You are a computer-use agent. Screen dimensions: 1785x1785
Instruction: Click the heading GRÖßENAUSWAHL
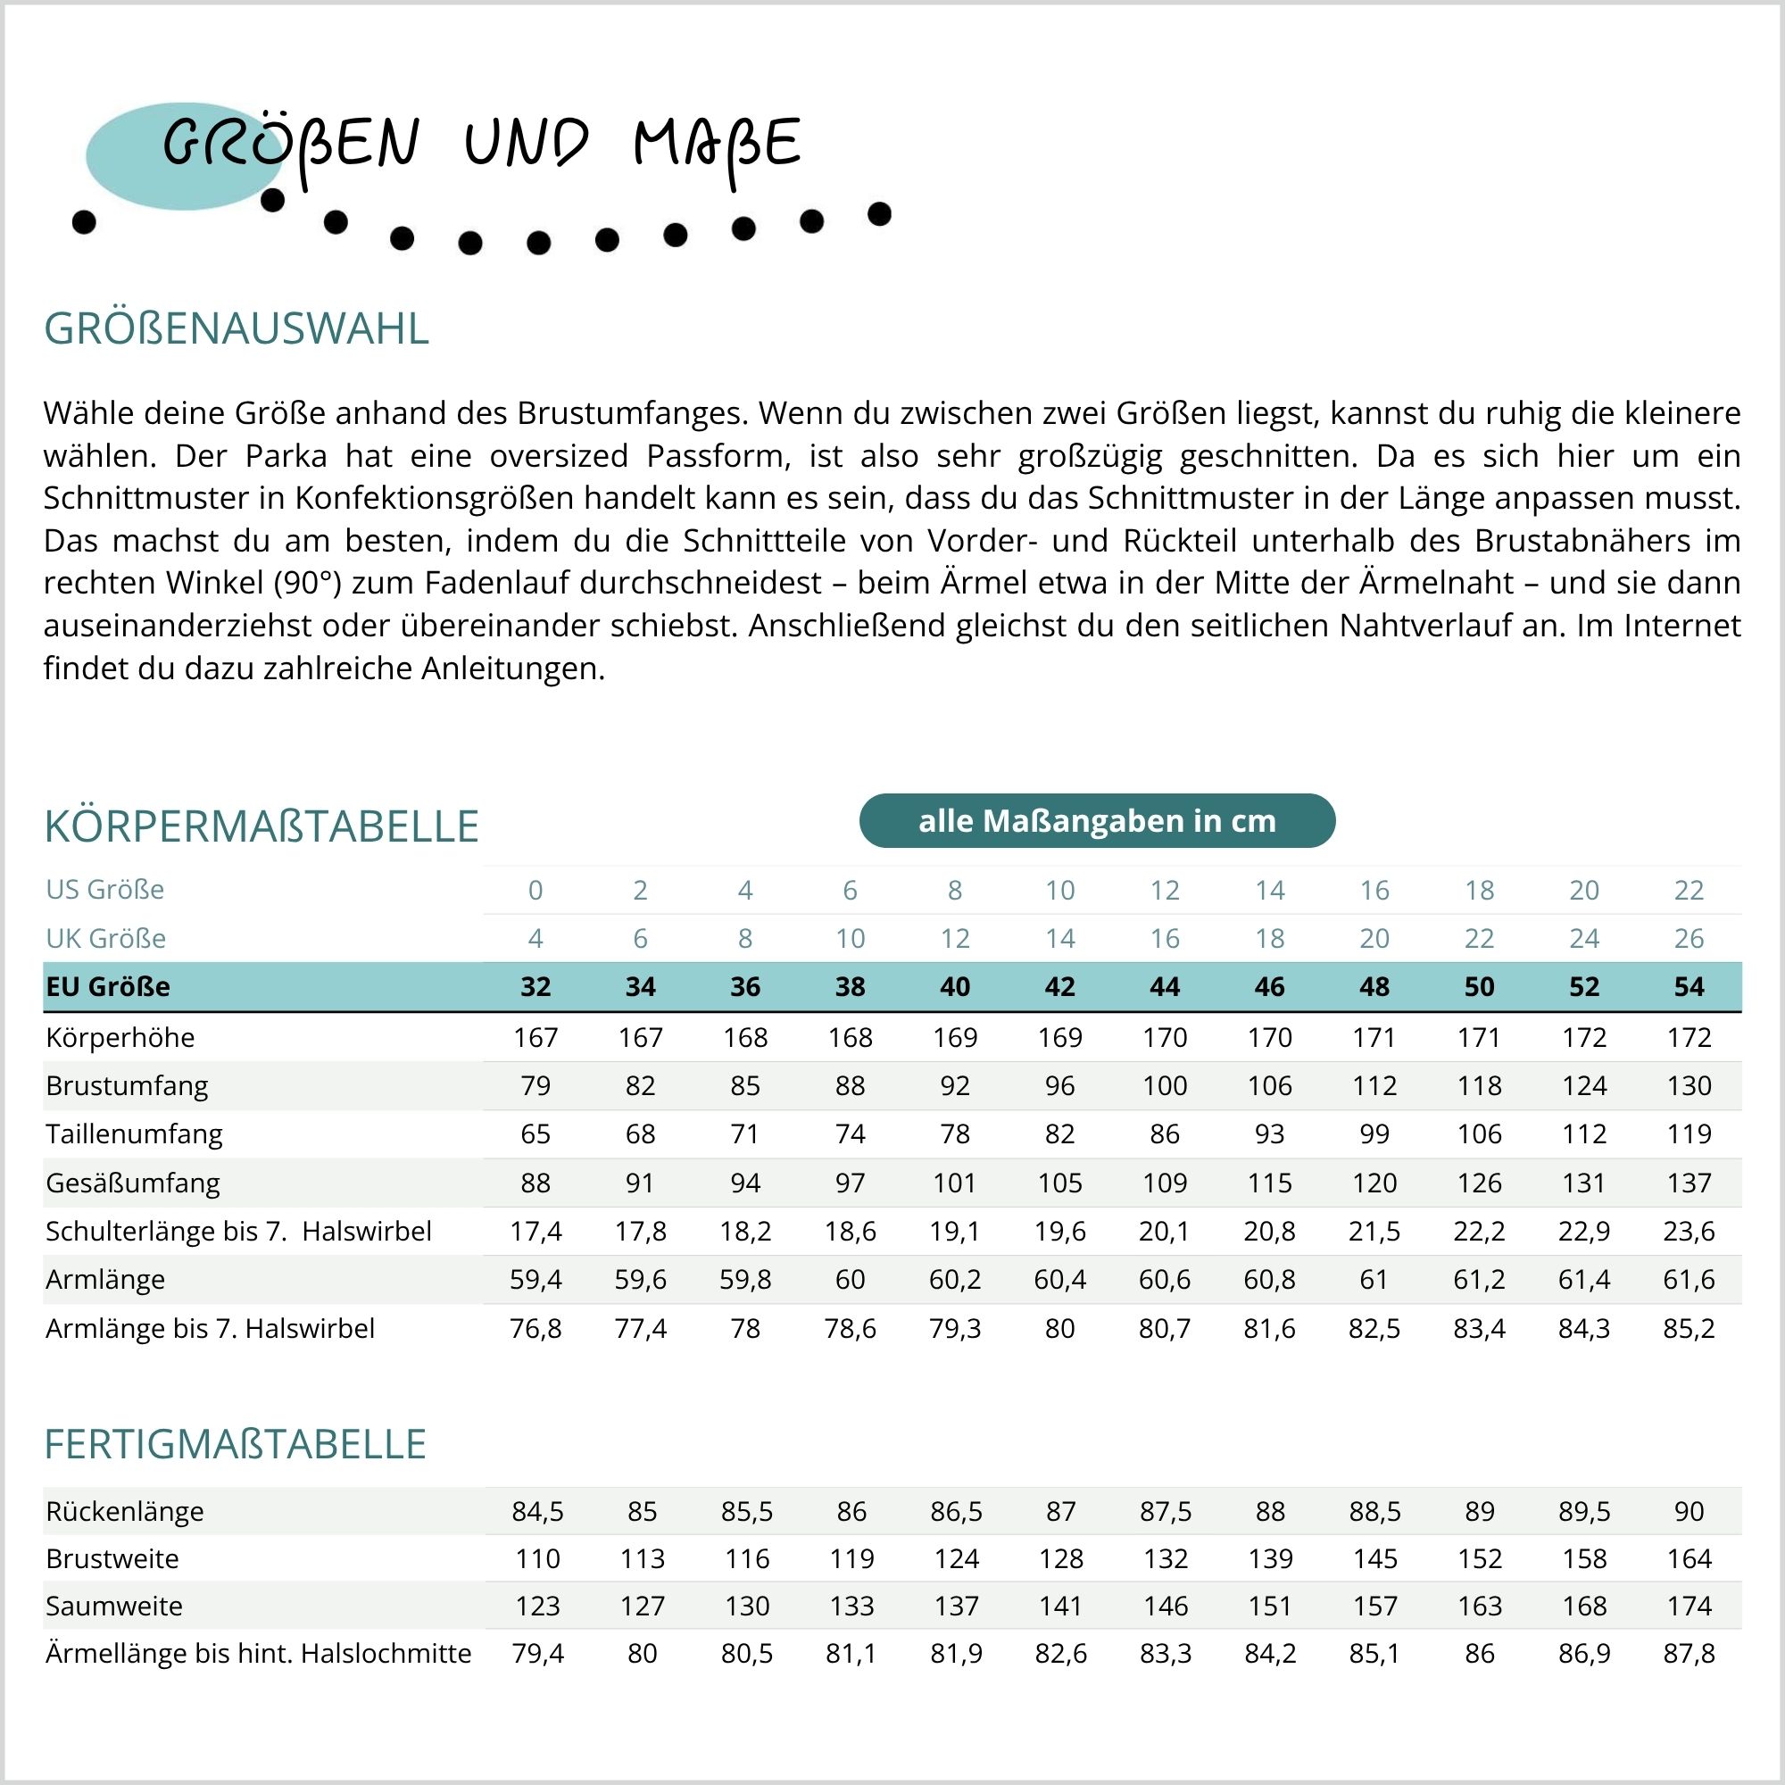click(x=237, y=329)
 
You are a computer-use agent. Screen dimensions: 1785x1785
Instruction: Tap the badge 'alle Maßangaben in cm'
click(x=1097, y=820)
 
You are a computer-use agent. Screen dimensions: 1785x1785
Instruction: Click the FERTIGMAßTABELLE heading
click(x=235, y=1444)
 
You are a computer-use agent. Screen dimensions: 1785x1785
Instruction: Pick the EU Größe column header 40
click(x=954, y=987)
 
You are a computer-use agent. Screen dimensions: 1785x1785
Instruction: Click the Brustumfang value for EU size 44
click(x=1164, y=1085)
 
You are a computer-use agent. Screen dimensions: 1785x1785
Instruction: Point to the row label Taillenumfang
click(x=134, y=1133)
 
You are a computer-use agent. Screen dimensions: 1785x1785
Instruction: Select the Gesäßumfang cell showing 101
click(x=954, y=1183)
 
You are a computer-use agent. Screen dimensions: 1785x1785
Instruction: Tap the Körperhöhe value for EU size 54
click(x=1688, y=1038)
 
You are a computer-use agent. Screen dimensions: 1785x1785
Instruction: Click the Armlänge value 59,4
click(x=535, y=1280)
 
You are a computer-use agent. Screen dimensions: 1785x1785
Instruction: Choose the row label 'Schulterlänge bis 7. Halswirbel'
click(x=238, y=1232)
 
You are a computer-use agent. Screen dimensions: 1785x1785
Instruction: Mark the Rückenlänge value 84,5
click(x=536, y=1512)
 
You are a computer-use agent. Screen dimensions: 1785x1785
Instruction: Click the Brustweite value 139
click(x=1269, y=1558)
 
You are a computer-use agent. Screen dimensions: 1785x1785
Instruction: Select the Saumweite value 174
click(x=1688, y=1606)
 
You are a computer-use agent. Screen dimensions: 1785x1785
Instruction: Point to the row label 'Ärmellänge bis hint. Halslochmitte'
click(x=258, y=1653)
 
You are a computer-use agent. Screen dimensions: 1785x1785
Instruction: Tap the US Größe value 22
click(x=1688, y=890)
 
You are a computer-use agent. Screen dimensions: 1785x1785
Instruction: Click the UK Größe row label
click(x=105, y=939)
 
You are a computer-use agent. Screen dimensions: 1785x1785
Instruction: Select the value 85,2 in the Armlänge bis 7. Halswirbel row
click(x=1688, y=1329)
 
